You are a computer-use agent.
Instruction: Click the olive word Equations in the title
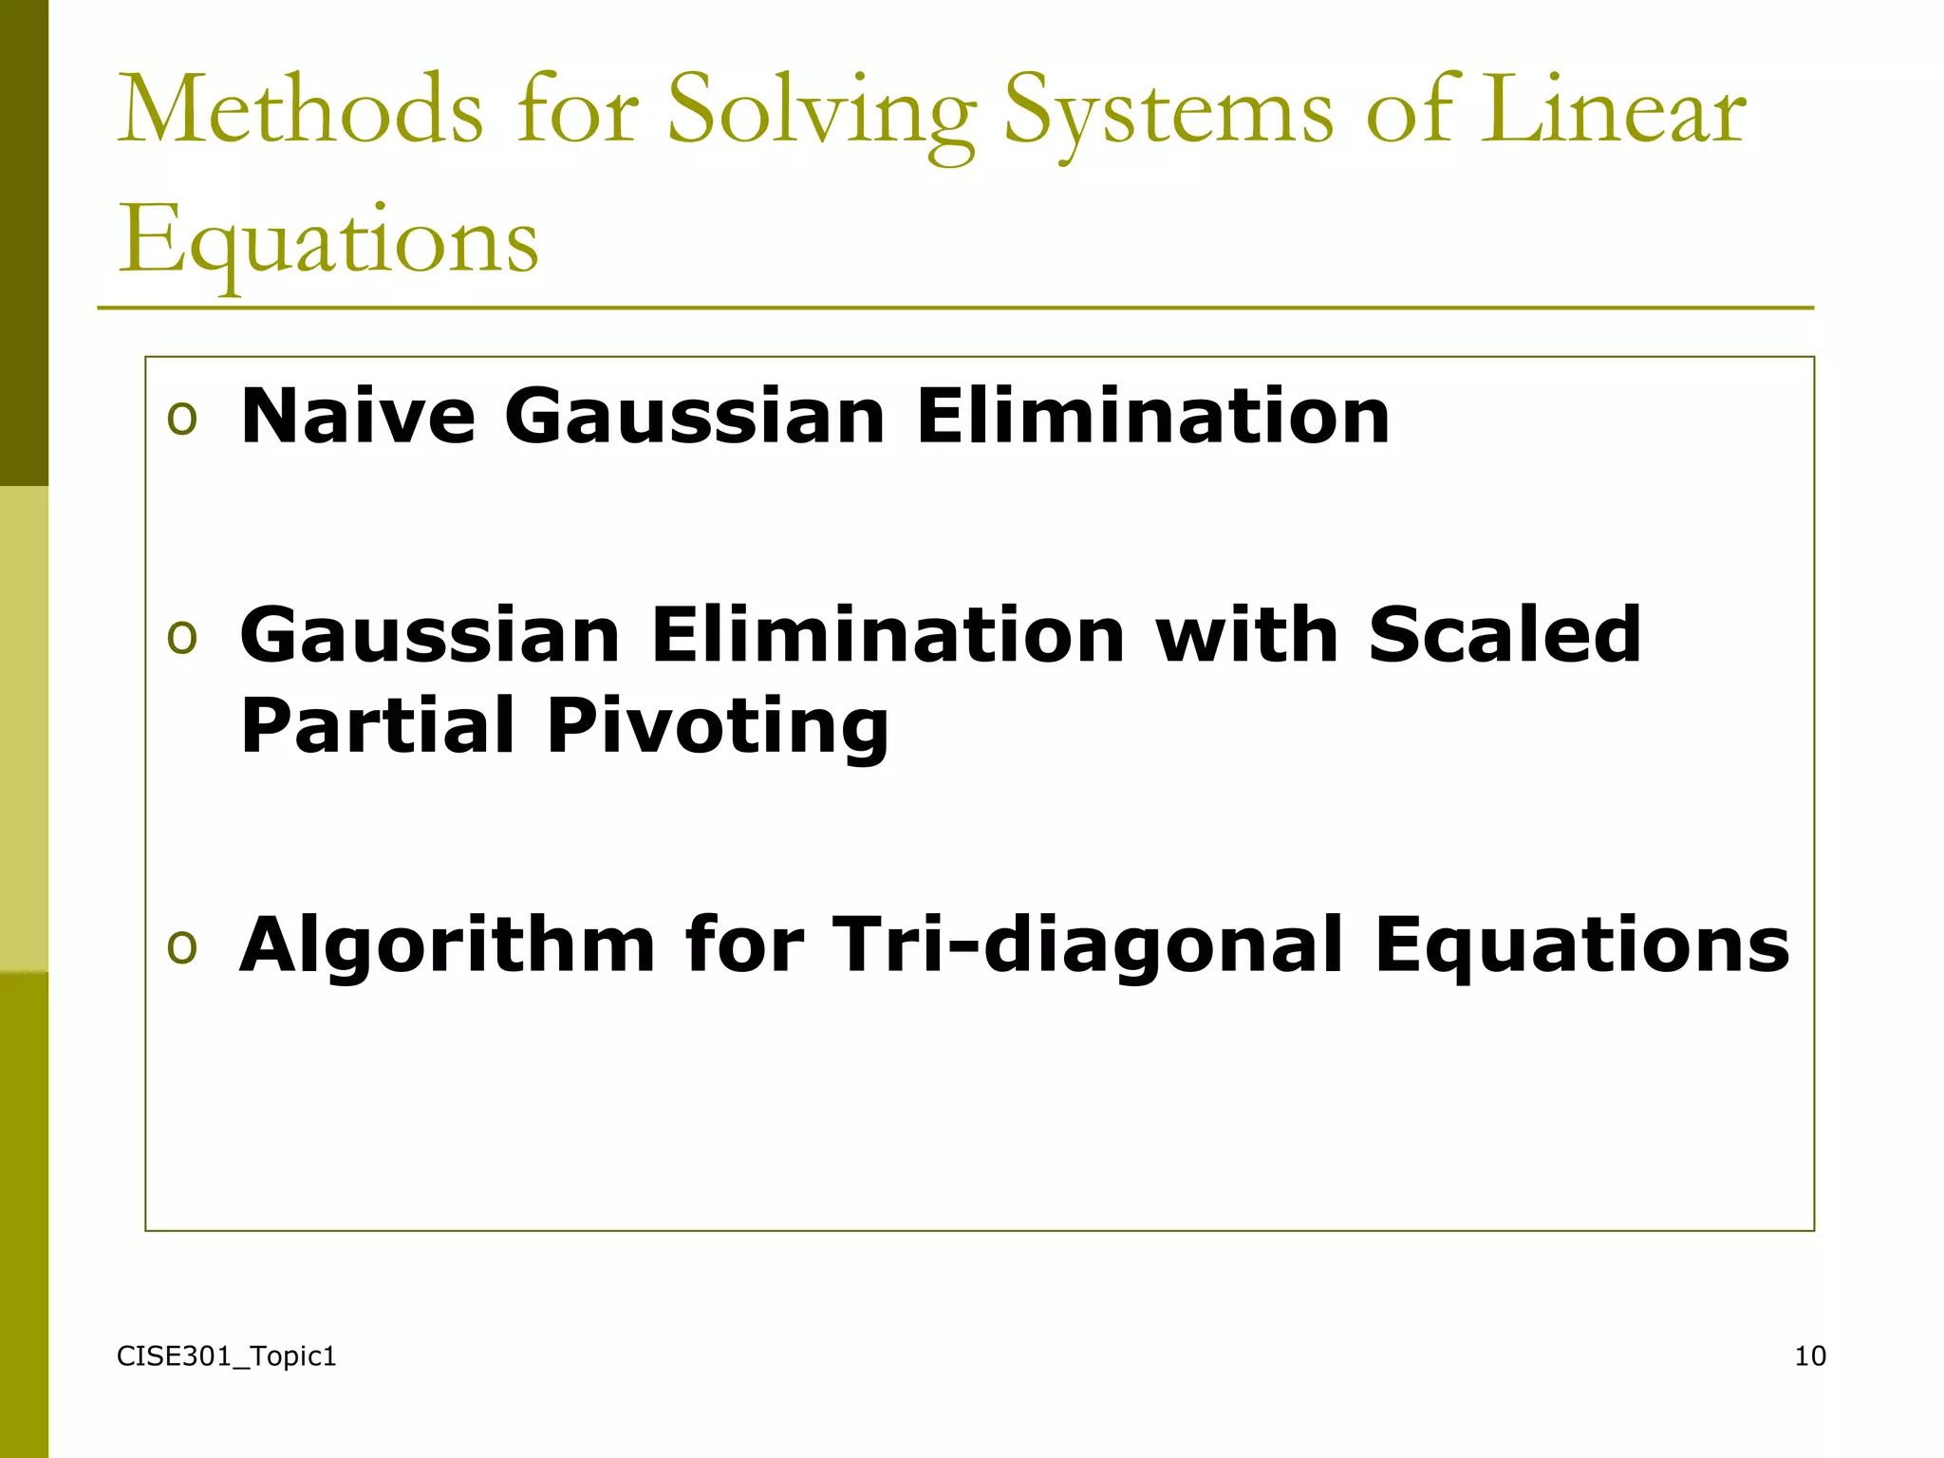point(328,242)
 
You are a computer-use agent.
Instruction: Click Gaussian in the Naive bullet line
point(695,418)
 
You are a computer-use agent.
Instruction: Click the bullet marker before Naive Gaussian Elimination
point(181,418)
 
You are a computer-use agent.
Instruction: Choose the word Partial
point(378,725)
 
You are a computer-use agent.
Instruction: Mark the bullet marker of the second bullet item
point(181,636)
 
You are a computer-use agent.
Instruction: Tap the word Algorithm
point(447,947)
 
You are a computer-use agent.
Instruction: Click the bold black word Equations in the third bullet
point(1581,947)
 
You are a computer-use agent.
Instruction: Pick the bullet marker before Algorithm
point(181,946)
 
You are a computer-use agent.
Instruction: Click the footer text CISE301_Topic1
point(226,1356)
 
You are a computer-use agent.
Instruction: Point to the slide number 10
point(1810,1356)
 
